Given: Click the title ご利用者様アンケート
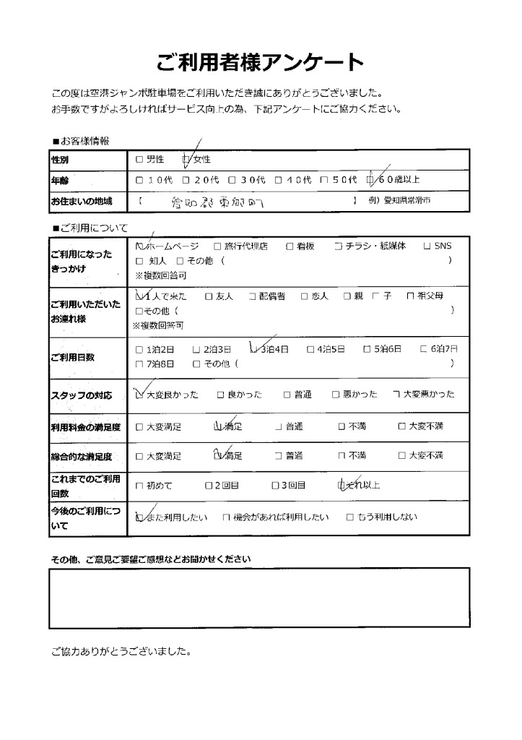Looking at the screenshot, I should (260, 63).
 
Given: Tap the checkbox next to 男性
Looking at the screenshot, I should (139, 158).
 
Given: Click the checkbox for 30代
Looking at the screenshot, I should (232, 179).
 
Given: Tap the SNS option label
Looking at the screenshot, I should (442, 246).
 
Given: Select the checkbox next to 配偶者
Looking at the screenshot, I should (252, 296).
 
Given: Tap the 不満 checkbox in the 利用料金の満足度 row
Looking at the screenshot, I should (342, 426).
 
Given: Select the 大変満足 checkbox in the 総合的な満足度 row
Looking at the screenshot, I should (139, 456).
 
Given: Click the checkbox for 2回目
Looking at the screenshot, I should (208, 486).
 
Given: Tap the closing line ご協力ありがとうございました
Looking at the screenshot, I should (121, 651).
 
